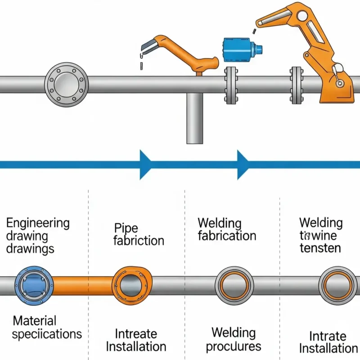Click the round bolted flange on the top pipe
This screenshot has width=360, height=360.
pos(67,85)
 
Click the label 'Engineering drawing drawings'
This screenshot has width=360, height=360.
pos(38,235)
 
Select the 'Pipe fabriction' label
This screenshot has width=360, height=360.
pos(138,234)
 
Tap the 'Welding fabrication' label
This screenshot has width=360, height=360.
pos(226,229)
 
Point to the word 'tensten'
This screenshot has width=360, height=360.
pos(320,247)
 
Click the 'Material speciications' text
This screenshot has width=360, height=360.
pos(46,328)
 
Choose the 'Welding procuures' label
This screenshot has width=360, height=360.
pos(234,340)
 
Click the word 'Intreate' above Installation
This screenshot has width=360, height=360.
pos(136,334)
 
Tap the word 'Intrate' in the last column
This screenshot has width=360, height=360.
pos(328,336)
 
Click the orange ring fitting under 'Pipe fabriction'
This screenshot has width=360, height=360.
pos(132,285)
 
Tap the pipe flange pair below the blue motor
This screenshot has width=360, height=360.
pos(231,85)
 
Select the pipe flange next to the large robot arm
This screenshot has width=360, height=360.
pos(297,85)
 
